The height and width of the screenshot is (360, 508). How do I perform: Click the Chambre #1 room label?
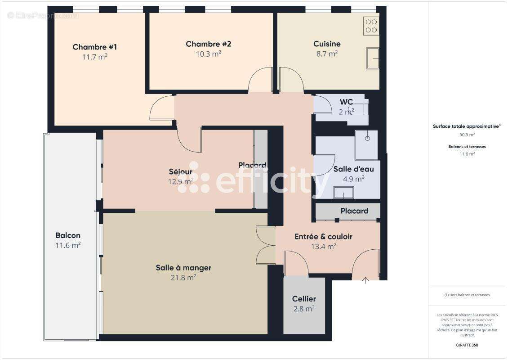click(95, 47)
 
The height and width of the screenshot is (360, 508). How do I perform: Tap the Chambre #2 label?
click(208, 44)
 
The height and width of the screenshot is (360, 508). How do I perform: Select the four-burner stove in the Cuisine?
click(371, 25)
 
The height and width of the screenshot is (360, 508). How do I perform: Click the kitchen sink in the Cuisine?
click(372, 58)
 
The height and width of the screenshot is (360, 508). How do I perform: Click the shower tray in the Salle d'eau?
click(366, 145)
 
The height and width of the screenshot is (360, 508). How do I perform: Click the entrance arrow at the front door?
click(365, 281)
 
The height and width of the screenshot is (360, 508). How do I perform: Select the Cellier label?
click(304, 299)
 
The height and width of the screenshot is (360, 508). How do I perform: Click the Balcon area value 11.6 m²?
click(68, 245)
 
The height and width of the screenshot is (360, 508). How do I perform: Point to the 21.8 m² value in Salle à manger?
click(183, 278)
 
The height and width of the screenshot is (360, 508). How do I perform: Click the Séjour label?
click(180, 171)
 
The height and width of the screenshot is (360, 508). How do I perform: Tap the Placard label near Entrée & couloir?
click(354, 211)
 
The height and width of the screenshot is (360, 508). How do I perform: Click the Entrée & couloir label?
click(323, 236)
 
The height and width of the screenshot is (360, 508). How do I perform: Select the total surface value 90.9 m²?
click(467, 135)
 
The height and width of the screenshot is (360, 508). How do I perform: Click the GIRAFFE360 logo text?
click(467, 345)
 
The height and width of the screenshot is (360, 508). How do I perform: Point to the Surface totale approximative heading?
click(466, 126)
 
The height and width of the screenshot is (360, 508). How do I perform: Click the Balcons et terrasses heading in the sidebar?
click(467, 147)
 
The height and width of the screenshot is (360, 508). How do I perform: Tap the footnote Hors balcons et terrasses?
click(467, 295)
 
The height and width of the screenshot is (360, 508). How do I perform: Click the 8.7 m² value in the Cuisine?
click(326, 54)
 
